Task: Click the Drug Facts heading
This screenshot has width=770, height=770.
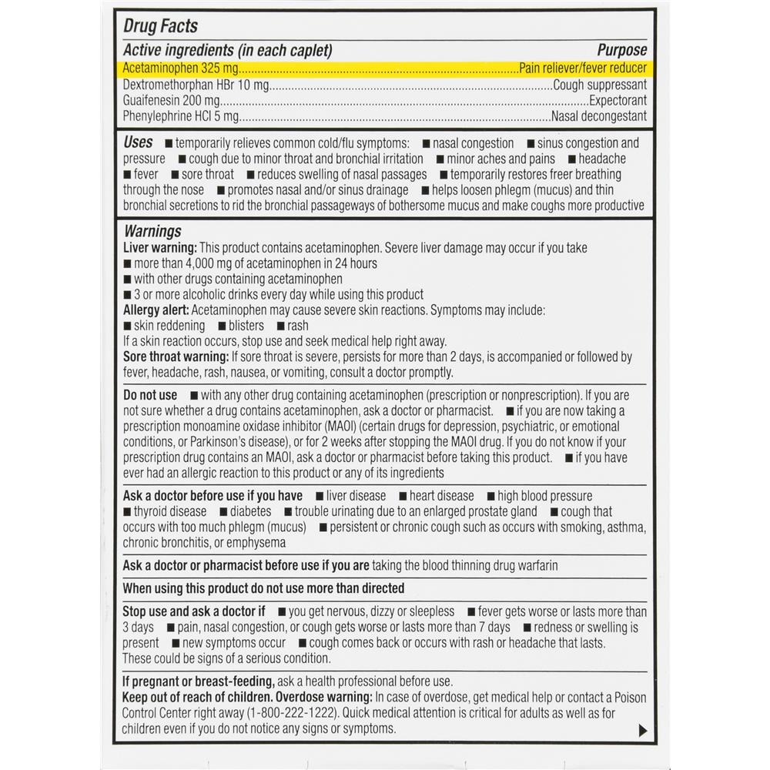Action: tap(160, 26)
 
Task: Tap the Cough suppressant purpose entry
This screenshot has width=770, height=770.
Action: tap(599, 85)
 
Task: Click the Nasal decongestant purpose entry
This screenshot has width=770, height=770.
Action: tap(598, 117)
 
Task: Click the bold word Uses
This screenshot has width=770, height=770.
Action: tap(139, 143)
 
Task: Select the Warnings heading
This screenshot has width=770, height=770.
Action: tap(152, 231)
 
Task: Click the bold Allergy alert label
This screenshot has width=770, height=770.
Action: tap(156, 310)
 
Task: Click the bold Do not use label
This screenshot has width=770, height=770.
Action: tap(150, 396)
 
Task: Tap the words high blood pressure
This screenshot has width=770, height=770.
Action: tap(544, 496)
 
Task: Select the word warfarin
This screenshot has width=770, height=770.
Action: tap(532, 565)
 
